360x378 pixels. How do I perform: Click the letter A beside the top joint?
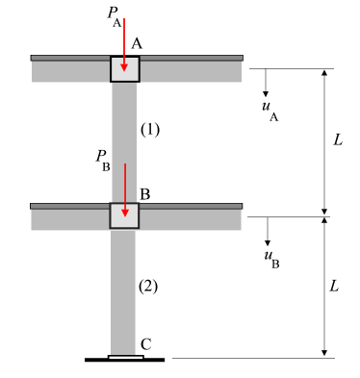pyautogui.click(x=138, y=44)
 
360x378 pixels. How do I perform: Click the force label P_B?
pyautogui.click(x=103, y=156)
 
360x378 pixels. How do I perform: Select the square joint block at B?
pyautogui.click(x=124, y=216)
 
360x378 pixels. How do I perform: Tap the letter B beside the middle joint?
pyautogui.click(x=144, y=194)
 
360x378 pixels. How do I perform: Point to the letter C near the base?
pyautogui.click(x=145, y=342)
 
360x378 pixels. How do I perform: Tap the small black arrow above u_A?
pyautogui.click(x=266, y=81)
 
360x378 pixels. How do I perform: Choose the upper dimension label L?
pyautogui.click(x=337, y=140)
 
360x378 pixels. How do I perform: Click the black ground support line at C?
pyautogui.click(x=124, y=361)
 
